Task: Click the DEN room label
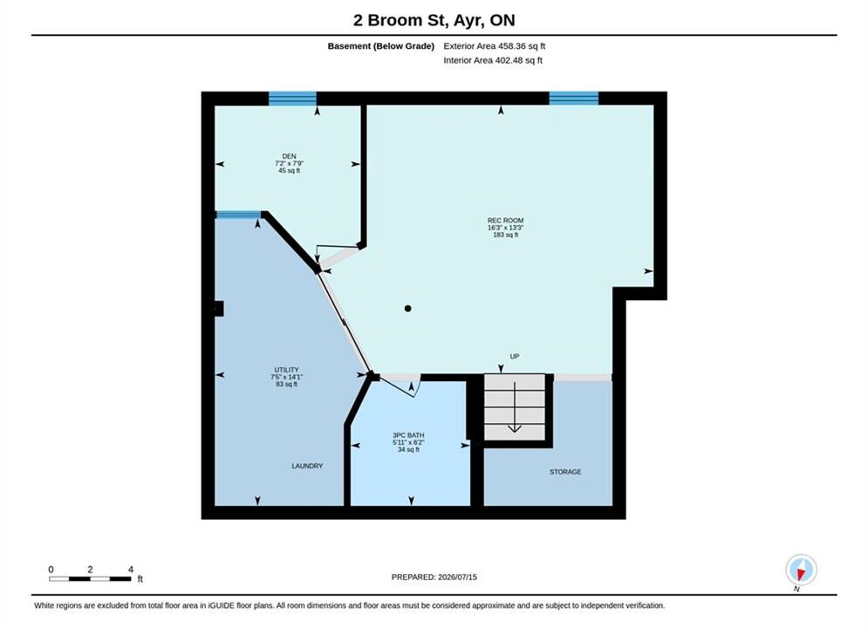point(289,157)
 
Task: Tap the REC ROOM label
point(505,220)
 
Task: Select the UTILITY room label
point(286,370)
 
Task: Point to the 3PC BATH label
point(408,435)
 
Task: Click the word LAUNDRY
point(307,466)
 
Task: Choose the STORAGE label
point(565,472)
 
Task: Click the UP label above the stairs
point(515,357)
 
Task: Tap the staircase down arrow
point(515,406)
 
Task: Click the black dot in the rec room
point(408,309)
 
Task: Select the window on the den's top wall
point(292,99)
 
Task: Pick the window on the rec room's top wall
point(573,98)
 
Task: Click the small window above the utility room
point(238,215)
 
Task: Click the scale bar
point(90,579)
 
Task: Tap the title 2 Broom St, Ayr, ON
point(434,20)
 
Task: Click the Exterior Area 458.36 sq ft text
point(495,46)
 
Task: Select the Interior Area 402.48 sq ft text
point(493,60)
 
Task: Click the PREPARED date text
point(434,577)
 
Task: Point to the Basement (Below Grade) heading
point(381,46)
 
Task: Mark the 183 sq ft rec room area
point(505,235)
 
